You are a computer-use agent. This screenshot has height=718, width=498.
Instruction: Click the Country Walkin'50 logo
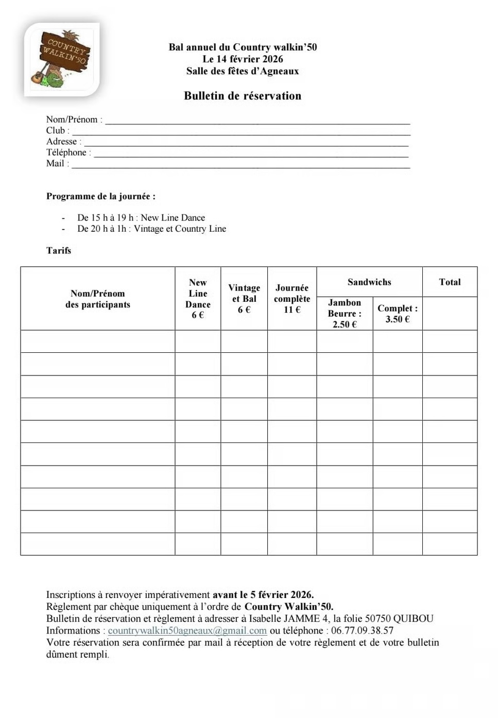(x=62, y=60)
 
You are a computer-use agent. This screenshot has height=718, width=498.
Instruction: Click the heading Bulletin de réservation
(x=243, y=96)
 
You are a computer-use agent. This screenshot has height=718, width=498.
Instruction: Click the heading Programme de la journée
(x=101, y=196)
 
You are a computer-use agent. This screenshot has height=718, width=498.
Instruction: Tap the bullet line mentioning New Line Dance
(x=141, y=218)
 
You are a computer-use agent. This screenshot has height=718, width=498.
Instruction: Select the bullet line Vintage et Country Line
(x=151, y=229)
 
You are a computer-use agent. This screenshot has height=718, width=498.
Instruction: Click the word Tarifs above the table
(x=59, y=250)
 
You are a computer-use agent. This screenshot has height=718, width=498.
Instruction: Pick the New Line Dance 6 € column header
(x=198, y=299)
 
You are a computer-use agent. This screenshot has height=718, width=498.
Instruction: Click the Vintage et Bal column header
(x=244, y=299)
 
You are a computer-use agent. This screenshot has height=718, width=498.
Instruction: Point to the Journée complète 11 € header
(x=292, y=299)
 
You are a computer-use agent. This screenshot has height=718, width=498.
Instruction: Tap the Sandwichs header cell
(x=369, y=282)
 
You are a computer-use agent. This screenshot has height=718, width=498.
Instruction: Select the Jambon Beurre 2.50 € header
(x=345, y=313)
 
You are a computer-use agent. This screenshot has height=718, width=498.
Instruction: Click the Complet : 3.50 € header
(x=398, y=313)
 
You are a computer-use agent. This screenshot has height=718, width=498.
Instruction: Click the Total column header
(x=450, y=282)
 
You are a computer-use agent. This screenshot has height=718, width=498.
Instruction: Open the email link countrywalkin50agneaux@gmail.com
(x=187, y=630)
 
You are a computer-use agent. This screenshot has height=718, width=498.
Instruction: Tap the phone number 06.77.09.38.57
(x=362, y=630)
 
